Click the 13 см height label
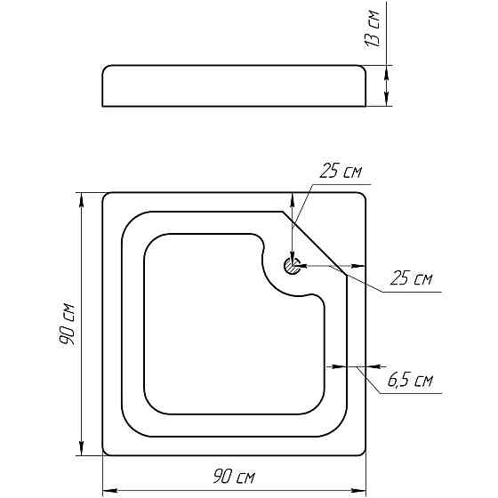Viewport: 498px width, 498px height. (x=372, y=28)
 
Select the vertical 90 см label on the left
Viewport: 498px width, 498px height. (x=67, y=325)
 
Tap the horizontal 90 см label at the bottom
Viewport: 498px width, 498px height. (x=234, y=477)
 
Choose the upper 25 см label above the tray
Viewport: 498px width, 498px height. (x=341, y=171)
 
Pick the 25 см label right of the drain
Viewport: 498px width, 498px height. (x=411, y=277)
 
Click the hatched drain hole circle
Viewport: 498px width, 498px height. (x=292, y=266)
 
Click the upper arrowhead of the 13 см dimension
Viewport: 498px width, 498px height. (x=386, y=73)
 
